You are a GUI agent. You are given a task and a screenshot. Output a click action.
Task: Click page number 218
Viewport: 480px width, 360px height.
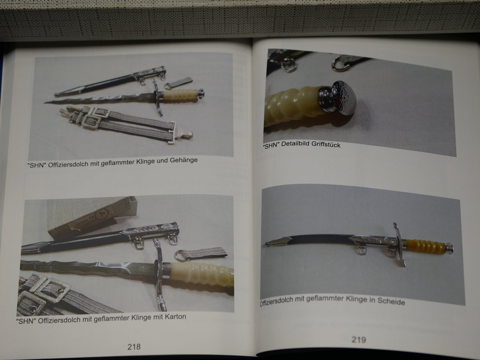click(x=134, y=346)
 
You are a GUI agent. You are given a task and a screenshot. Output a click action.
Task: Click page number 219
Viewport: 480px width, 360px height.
click(x=358, y=340)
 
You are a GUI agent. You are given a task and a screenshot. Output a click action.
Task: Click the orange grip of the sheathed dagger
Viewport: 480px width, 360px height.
click(x=426, y=246)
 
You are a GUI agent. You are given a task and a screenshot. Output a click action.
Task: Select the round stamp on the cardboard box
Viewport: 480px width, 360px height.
click(x=102, y=213)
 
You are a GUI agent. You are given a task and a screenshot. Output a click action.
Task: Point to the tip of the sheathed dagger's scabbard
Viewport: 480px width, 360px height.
click(x=266, y=243)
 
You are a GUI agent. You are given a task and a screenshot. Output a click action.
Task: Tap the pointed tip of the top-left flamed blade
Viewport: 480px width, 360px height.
click(x=45, y=103)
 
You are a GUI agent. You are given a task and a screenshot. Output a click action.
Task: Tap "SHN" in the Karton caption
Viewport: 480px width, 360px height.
click(x=26, y=321)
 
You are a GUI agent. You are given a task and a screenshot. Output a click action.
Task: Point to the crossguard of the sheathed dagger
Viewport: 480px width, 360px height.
click(x=399, y=244)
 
